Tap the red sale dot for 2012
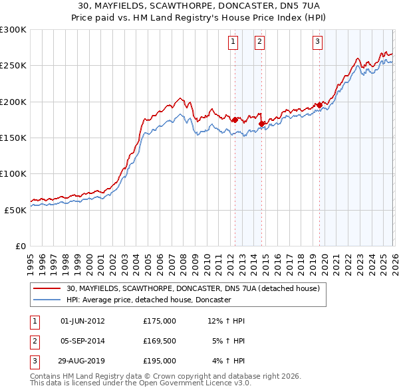(235, 120)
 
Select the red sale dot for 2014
(261, 124)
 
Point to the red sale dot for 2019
(320, 105)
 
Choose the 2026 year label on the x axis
(394, 258)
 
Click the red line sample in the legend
(48, 288)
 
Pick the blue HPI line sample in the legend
(48, 300)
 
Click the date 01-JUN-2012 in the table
(82, 321)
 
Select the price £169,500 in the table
(160, 341)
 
